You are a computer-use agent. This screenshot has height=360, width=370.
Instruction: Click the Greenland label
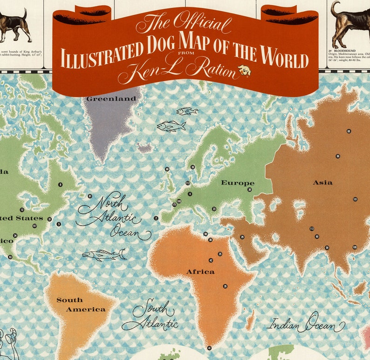tap(111, 99)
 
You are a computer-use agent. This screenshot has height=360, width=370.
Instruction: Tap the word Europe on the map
tap(237, 183)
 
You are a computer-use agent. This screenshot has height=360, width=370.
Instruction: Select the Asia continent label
tap(322, 182)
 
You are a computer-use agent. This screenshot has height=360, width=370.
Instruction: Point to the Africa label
tap(200, 271)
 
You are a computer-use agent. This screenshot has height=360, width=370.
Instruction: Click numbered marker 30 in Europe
tap(250, 190)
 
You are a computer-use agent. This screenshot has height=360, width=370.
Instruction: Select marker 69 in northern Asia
tap(349, 131)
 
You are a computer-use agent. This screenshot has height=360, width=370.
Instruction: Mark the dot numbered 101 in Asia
tap(355, 199)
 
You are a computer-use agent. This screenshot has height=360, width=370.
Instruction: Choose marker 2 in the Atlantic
tap(156, 218)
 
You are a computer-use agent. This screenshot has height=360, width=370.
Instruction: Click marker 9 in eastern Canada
tap(60, 185)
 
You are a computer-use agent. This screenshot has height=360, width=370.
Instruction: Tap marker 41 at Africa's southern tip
tap(209, 348)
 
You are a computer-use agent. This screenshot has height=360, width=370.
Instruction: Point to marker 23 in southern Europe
tap(214, 209)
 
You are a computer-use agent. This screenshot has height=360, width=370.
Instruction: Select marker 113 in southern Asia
tap(312, 228)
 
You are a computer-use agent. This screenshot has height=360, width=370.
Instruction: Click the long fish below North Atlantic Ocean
tap(103, 254)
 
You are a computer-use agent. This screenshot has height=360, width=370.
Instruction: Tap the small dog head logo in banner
tap(244, 71)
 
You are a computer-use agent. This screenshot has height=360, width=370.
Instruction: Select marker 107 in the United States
tap(34, 226)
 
